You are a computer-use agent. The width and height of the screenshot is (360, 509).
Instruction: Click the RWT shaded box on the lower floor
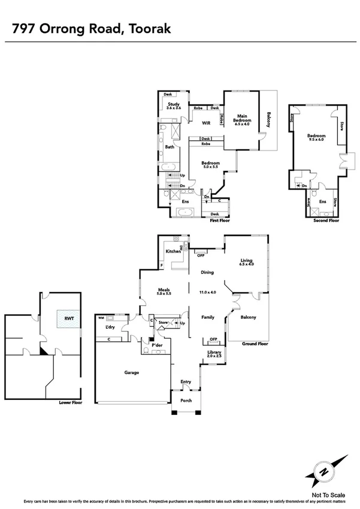tap(63, 318)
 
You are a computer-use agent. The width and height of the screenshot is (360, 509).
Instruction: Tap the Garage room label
tap(132, 372)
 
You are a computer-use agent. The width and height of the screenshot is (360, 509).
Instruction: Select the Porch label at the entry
tap(186, 400)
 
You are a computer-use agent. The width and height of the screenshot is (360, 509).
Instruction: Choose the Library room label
tap(214, 354)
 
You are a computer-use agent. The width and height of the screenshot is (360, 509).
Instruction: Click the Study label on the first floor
tap(174, 106)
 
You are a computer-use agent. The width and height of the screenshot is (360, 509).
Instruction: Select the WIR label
tap(206, 123)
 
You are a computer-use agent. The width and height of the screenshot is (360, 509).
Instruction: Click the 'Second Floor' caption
tap(326, 220)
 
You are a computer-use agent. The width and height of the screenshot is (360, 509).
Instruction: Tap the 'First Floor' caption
tap(220, 221)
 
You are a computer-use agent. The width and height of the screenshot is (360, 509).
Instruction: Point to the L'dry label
tap(110, 327)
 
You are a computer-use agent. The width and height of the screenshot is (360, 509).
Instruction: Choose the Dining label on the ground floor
tap(207, 272)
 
